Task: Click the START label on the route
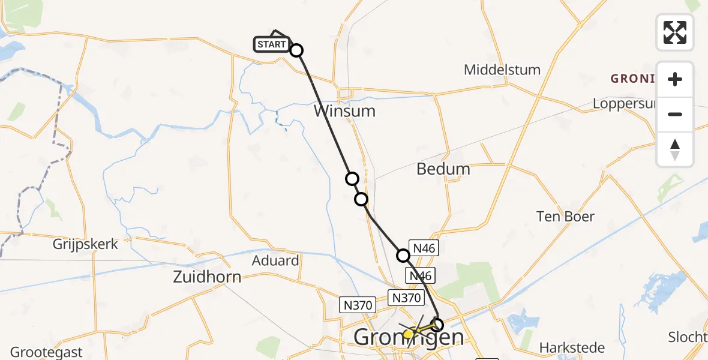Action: coord(272,44)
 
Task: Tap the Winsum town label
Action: coord(344,111)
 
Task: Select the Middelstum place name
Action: coord(502,70)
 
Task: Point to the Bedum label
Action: coord(443,169)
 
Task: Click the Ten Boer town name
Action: coord(566,217)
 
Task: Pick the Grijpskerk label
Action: coord(85,244)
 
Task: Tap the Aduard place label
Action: coord(275,261)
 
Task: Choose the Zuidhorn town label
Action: coord(207,277)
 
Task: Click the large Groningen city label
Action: coord(409,337)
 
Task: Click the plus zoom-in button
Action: coord(675,79)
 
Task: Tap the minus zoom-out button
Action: coord(675,114)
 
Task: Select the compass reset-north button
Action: coord(675,149)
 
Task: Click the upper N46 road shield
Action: coord(425,247)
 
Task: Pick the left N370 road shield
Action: coord(356,305)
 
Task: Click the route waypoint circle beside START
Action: coord(296,50)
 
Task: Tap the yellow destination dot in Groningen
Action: coord(407,334)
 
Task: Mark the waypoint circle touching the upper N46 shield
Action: coord(403,256)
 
